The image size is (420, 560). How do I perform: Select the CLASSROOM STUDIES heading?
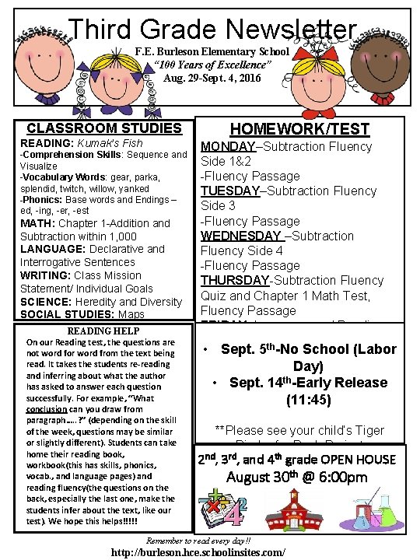pyautogui.click(x=104, y=128)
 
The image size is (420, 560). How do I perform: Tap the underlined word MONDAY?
pyautogui.click(x=228, y=147)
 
